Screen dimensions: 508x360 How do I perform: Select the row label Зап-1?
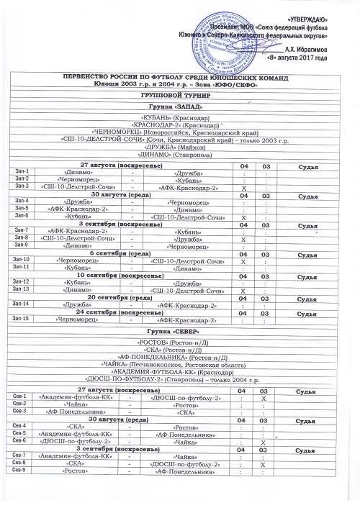click(22, 172)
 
